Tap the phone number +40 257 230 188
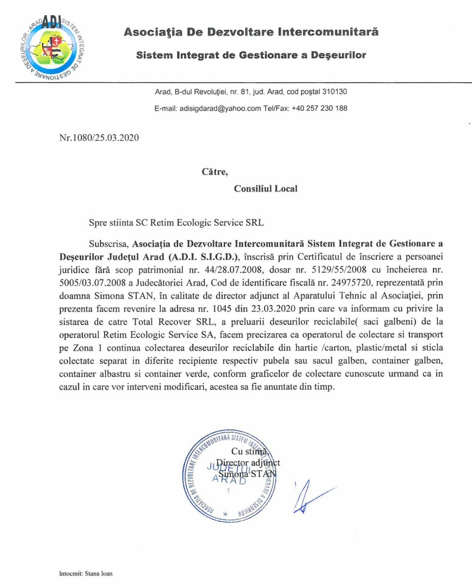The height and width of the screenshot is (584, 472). [x=319, y=108]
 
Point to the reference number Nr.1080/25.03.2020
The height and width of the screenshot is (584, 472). [x=99, y=137]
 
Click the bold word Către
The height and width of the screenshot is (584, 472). [x=215, y=172]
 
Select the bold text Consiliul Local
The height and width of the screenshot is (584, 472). [x=265, y=189]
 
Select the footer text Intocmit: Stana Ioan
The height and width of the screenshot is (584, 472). [x=86, y=573]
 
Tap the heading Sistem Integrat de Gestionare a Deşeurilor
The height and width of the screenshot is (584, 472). [x=251, y=55]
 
